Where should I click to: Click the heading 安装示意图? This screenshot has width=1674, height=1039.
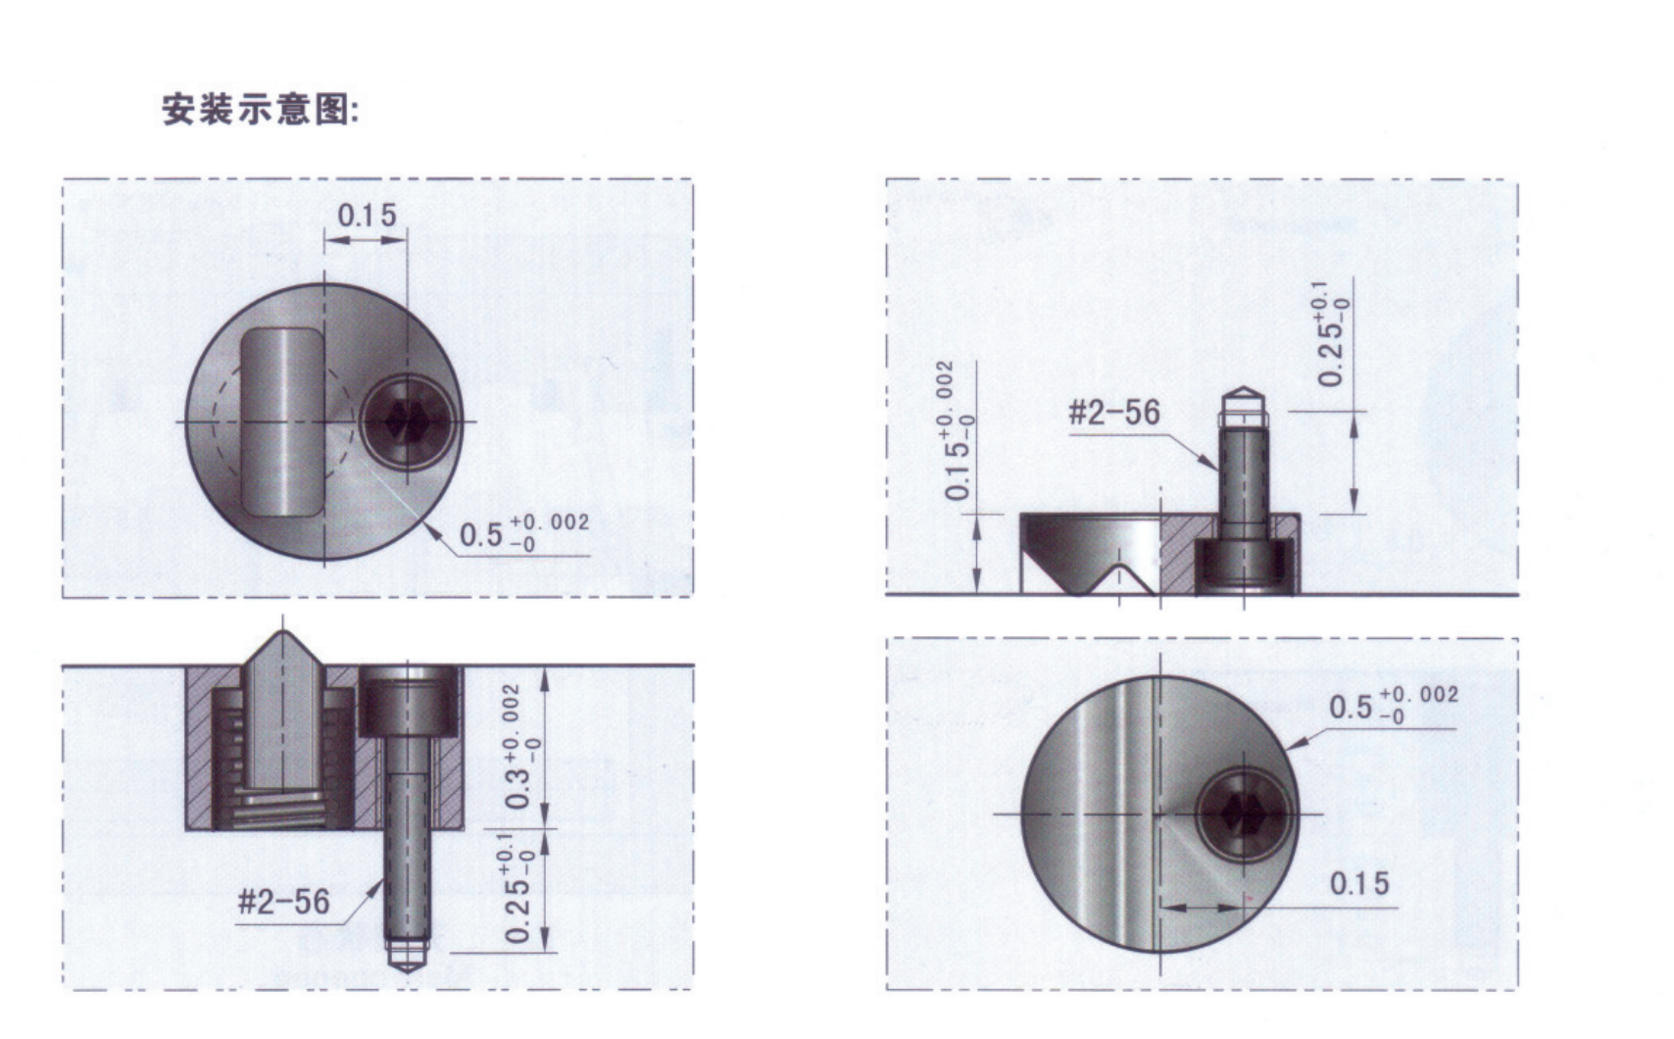click(x=261, y=110)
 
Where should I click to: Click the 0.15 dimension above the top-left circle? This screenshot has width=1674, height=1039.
click(x=367, y=216)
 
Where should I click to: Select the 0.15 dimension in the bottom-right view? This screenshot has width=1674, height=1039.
click(x=1359, y=883)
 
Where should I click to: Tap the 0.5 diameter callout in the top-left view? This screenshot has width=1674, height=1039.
click(x=524, y=531)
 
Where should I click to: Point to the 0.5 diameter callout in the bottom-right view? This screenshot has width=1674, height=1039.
click(x=1394, y=704)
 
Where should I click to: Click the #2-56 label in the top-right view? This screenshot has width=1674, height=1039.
click(x=1114, y=413)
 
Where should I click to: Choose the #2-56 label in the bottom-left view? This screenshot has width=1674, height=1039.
click(x=283, y=902)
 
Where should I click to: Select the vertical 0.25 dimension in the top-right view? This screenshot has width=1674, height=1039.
click(x=1332, y=334)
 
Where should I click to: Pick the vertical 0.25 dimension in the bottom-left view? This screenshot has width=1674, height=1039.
click(x=517, y=889)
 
